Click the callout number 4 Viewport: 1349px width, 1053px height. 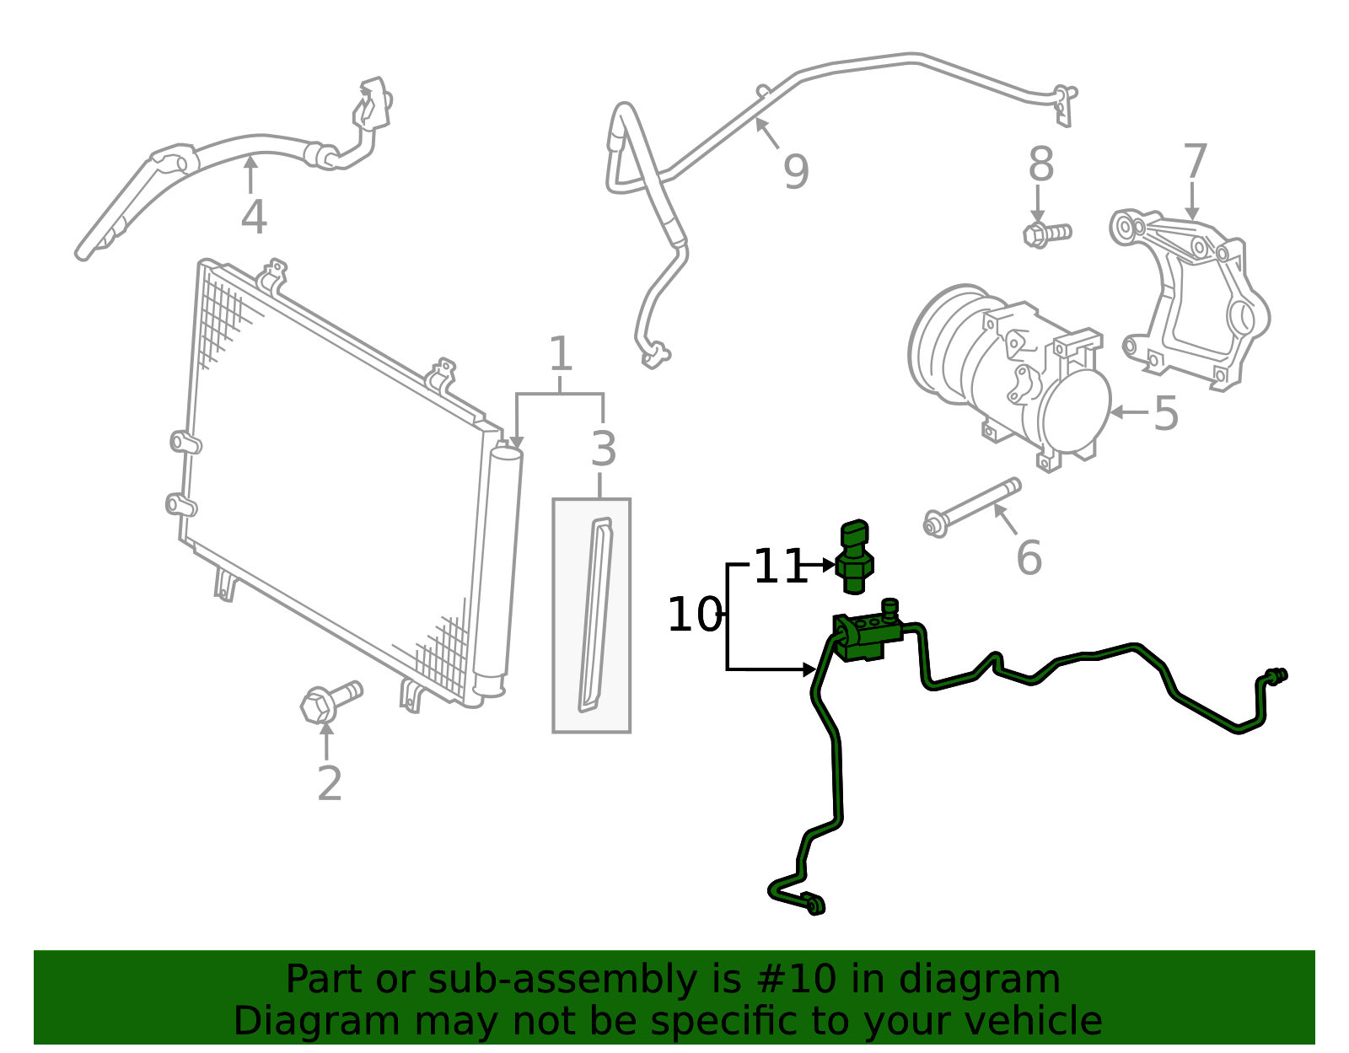(x=254, y=218)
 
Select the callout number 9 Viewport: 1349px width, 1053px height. (x=797, y=172)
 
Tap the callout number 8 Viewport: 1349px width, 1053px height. (x=1041, y=164)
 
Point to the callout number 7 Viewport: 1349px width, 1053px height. (x=1195, y=161)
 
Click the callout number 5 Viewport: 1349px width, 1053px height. (x=1166, y=413)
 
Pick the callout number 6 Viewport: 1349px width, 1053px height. (x=1029, y=558)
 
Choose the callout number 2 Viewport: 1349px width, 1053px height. (x=330, y=784)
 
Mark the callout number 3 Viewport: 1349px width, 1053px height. (x=604, y=449)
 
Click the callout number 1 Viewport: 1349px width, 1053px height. (x=561, y=354)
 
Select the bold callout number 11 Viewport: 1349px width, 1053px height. (x=781, y=566)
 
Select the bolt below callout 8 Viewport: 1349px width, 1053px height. (x=1047, y=234)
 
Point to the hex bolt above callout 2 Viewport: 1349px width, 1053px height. (x=331, y=701)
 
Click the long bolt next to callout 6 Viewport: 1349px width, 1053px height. (x=971, y=507)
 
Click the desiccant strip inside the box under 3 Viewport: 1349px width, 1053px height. (x=595, y=615)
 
